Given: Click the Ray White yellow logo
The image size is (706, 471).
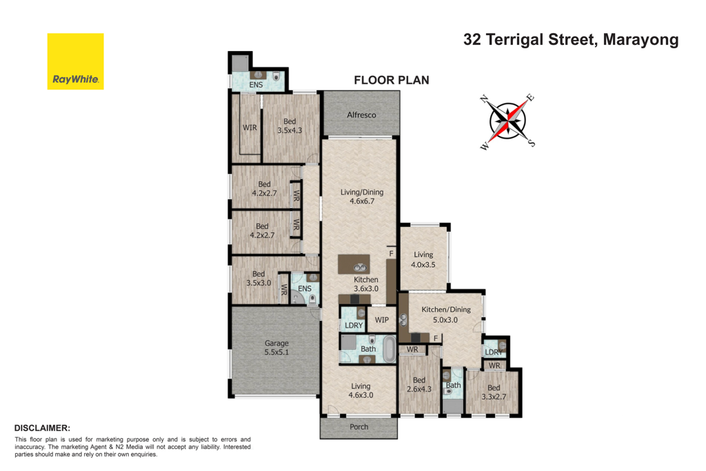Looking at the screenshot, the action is [76, 61].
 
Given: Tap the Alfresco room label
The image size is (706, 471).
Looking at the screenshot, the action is [361, 115].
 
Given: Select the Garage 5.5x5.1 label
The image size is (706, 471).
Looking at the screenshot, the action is [276, 348].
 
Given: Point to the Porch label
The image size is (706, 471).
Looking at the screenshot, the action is [359, 427].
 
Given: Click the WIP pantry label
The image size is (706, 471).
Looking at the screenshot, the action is [382, 320].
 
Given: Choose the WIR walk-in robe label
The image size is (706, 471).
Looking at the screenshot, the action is [250, 128].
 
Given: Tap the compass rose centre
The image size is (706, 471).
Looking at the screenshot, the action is [508, 121].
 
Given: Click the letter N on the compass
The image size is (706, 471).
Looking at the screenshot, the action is [485, 99].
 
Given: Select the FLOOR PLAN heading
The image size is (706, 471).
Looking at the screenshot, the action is [392, 80].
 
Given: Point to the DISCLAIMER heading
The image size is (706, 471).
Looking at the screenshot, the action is [42, 428].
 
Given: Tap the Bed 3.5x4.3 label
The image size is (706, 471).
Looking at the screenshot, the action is [290, 126].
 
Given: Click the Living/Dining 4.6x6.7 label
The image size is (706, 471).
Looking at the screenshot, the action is [362, 197].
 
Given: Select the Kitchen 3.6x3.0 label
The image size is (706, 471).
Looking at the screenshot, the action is [366, 284].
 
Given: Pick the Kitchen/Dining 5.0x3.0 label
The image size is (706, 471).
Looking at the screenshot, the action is [446, 314].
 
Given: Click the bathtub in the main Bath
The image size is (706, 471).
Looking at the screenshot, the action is [390, 349].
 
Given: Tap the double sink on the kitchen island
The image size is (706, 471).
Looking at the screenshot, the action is [360, 268].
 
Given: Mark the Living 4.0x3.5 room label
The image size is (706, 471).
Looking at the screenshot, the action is [423, 260].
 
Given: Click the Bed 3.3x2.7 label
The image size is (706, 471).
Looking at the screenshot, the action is [494, 392].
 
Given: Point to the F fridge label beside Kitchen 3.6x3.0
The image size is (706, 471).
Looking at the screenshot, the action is [391, 254].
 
